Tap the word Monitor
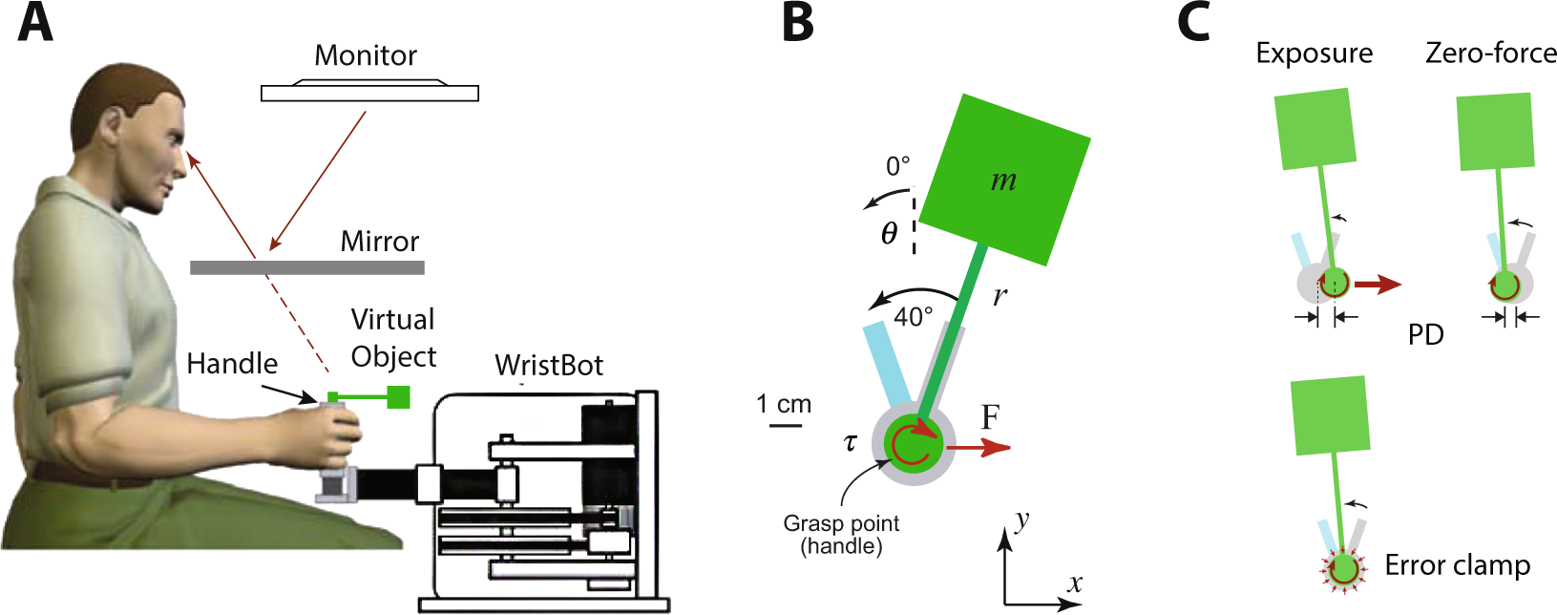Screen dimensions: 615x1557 [x=366, y=55]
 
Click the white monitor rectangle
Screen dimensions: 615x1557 [x=369, y=93]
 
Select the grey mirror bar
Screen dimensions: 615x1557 [x=306, y=267]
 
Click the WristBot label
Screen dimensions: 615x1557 [x=549, y=365]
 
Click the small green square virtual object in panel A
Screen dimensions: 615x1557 [x=398, y=396]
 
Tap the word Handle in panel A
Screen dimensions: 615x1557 [x=232, y=364]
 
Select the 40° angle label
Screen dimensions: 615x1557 [x=914, y=317]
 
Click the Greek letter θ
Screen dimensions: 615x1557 [x=889, y=233]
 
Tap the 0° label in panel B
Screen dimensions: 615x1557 [x=897, y=166]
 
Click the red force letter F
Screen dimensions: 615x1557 [x=990, y=417]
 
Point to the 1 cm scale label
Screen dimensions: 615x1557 [x=784, y=404]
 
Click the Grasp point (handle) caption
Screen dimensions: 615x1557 [x=841, y=535]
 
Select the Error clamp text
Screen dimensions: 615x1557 [x=1457, y=565]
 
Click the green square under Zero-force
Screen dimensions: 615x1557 [x=1496, y=131]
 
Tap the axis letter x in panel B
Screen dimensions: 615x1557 [x=1075, y=583]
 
